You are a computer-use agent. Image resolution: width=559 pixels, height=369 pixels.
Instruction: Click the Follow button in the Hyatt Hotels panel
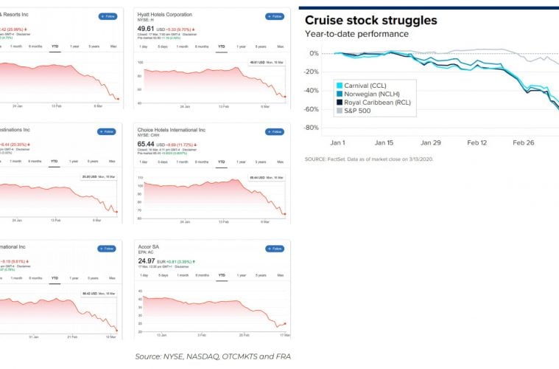[274, 15]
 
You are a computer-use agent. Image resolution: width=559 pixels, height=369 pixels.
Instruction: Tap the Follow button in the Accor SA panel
[274, 249]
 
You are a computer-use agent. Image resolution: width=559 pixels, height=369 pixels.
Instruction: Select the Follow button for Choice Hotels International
[274, 132]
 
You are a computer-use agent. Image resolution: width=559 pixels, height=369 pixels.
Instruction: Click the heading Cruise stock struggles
[370, 20]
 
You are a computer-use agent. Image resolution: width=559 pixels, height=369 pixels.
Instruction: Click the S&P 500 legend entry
[359, 111]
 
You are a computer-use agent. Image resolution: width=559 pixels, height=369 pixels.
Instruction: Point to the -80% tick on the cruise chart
[312, 128]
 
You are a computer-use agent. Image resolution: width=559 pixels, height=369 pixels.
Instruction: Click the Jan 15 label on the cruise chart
[384, 142]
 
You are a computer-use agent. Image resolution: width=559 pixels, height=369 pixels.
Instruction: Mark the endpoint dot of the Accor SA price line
[284, 323]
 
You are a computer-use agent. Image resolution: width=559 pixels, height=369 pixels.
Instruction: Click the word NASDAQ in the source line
[203, 357]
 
